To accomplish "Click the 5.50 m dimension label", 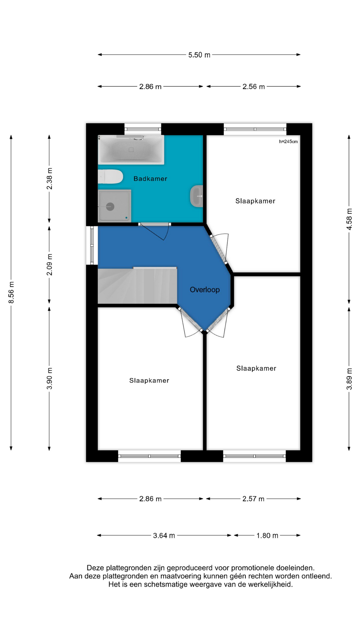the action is (199, 55).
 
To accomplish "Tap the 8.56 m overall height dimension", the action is (11, 292).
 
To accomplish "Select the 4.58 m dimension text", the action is (349, 219).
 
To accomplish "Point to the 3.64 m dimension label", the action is (164, 535).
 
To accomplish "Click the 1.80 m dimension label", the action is (267, 535).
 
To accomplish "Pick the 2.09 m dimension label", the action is (49, 265).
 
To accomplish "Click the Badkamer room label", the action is (150, 179).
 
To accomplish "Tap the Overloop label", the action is (205, 290).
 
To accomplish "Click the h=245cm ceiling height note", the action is (288, 141).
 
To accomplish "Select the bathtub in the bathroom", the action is (131, 150).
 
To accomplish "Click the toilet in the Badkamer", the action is (110, 177).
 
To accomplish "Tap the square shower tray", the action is (114, 206).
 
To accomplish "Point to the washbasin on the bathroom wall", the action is (196, 196).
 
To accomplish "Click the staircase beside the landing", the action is (137, 286).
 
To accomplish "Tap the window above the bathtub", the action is (143, 129).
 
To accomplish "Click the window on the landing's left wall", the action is (92, 246).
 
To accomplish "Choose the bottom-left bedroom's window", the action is (149, 456).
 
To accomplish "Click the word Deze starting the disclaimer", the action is (95, 568).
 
